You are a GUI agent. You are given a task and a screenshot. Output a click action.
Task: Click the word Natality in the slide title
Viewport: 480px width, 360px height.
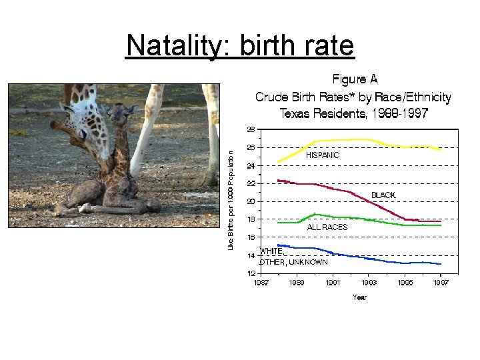(169, 46)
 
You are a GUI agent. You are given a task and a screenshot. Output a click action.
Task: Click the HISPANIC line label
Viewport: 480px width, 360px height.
(323, 155)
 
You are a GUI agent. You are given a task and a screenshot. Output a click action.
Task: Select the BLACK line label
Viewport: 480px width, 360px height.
(383, 195)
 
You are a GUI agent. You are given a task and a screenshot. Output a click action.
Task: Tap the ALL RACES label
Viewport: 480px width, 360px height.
(327, 227)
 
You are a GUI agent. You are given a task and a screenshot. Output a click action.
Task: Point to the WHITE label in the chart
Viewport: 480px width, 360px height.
(271, 251)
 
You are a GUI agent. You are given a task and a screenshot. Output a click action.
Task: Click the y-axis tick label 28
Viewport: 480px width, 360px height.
(251, 129)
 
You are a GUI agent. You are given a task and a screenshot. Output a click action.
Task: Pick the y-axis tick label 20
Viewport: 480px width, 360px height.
(251, 201)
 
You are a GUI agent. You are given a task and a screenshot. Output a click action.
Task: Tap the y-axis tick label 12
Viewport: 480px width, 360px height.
(251, 273)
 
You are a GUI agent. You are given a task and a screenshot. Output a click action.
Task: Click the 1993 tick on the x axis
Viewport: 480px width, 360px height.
(369, 283)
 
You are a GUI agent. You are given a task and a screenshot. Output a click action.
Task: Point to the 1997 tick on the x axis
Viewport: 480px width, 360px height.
(440, 283)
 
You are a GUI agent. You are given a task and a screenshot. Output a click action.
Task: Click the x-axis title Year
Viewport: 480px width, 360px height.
(359, 297)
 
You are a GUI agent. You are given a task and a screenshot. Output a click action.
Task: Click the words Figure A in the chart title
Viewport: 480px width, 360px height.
(349, 80)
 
